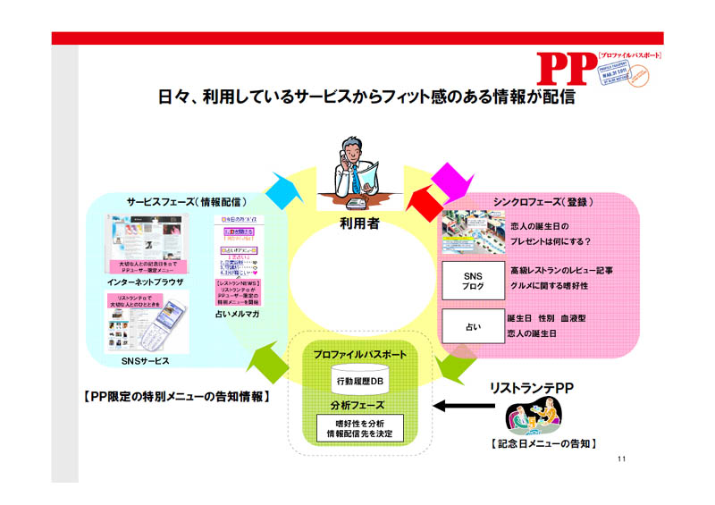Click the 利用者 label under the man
(x=360, y=223)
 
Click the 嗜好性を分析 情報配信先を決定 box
(x=360, y=427)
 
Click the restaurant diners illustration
(x=530, y=417)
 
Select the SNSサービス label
(x=145, y=359)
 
